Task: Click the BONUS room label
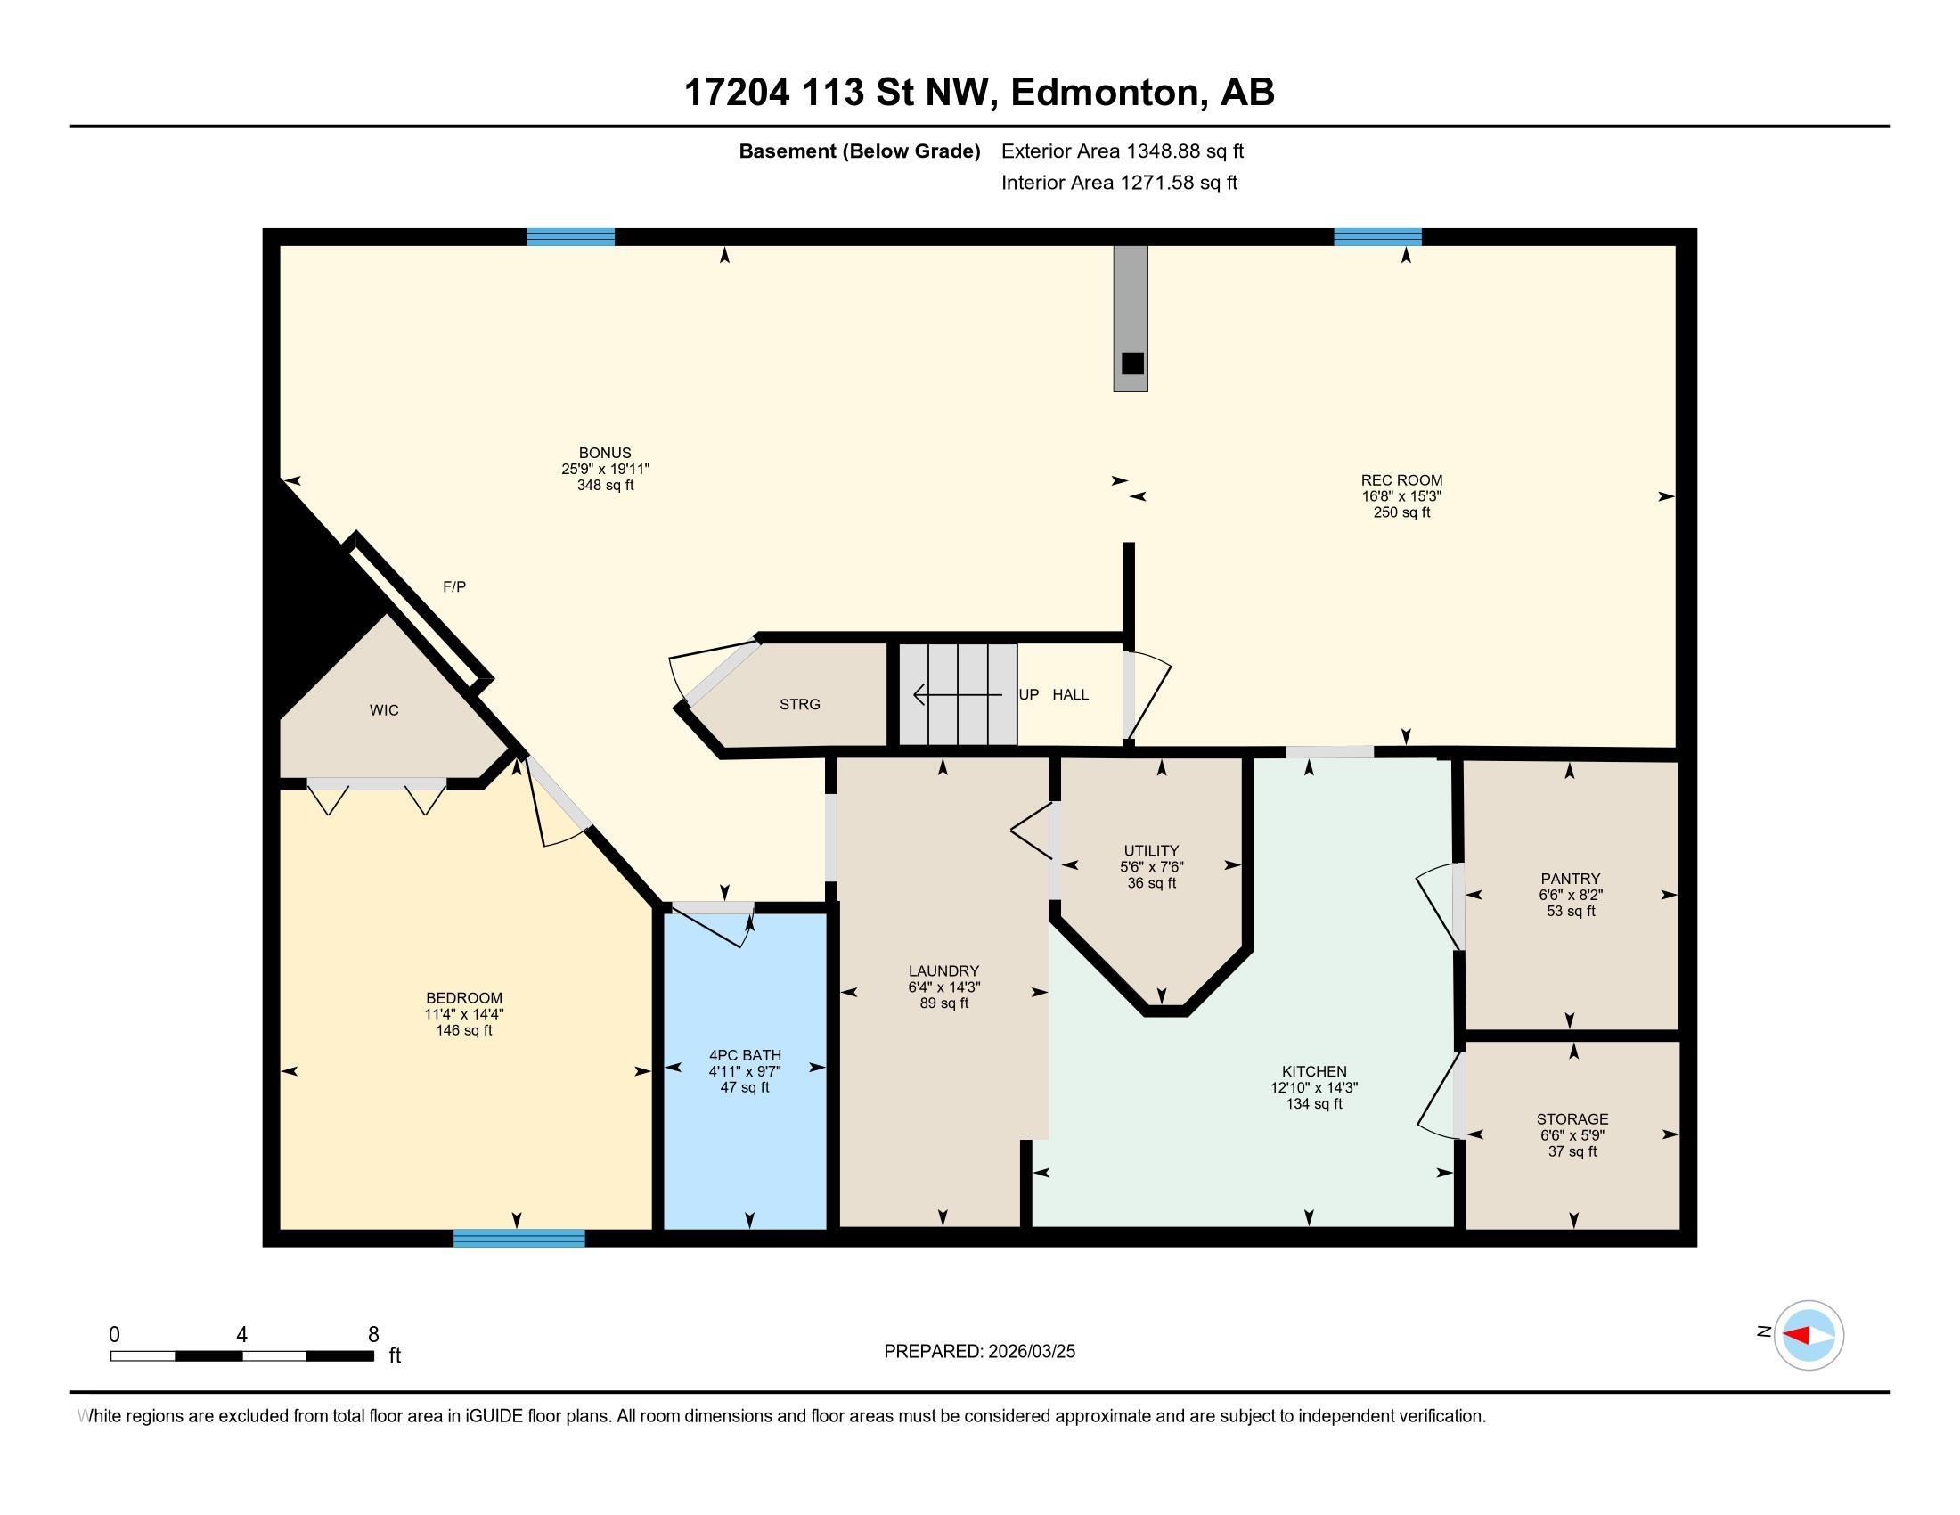(605, 454)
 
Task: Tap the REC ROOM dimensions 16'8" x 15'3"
(1401, 496)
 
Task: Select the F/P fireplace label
(454, 587)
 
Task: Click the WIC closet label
(384, 710)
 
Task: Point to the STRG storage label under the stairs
(799, 705)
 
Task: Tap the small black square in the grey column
(1132, 364)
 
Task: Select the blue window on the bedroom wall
(519, 1239)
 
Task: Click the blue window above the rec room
(1376, 237)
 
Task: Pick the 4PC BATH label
(745, 1055)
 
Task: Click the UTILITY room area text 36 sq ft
(1151, 883)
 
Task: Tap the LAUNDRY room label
(943, 971)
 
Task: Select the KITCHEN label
(1314, 1071)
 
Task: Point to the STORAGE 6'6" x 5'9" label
(1572, 1135)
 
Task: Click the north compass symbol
(1809, 1336)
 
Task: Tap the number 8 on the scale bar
(373, 1335)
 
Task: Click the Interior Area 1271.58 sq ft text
(1119, 183)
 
